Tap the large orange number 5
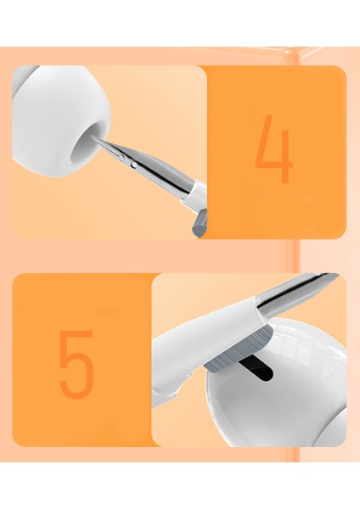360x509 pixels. pos(76,365)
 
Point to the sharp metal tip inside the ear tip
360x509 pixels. pos(93,138)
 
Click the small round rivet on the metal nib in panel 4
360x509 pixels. pos(133,165)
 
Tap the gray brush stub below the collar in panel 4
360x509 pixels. pos(200,224)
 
